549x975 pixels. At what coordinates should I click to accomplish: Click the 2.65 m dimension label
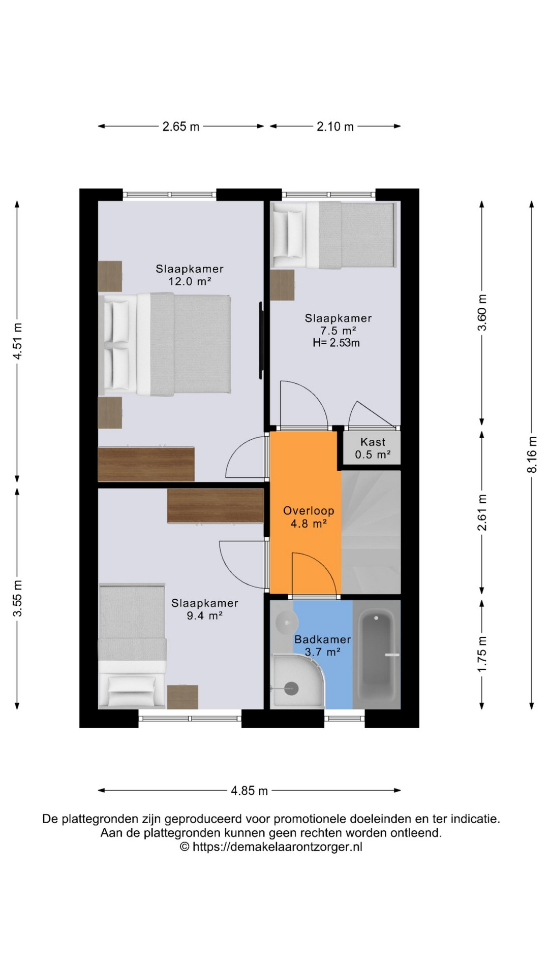(x=181, y=126)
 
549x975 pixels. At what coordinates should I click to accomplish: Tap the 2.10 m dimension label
(x=335, y=126)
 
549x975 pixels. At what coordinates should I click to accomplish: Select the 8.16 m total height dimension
(x=532, y=454)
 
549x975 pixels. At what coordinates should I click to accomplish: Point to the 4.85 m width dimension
(x=249, y=791)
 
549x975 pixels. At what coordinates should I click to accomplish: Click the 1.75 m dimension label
(x=482, y=654)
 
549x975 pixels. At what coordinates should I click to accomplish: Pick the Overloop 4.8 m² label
(x=309, y=517)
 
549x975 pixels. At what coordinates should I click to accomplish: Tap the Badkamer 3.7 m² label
(x=323, y=645)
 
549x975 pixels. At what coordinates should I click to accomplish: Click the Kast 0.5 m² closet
(x=373, y=448)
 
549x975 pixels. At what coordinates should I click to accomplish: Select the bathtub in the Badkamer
(x=377, y=655)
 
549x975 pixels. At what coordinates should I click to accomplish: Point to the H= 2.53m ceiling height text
(x=336, y=343)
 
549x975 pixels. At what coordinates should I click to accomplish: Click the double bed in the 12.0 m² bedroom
(x=165, y=344)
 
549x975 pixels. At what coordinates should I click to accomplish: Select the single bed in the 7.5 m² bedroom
(x=333, y=235)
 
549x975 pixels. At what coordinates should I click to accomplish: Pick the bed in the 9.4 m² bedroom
(x=132, y=645)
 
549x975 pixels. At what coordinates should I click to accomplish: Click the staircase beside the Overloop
(x=371, y=532)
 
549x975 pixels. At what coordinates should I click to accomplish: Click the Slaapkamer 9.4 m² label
(x=204, y=609)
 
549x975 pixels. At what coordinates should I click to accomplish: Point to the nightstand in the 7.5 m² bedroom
(x=282, y=285)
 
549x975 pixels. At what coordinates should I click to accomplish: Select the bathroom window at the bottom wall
(x=345, y=719)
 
